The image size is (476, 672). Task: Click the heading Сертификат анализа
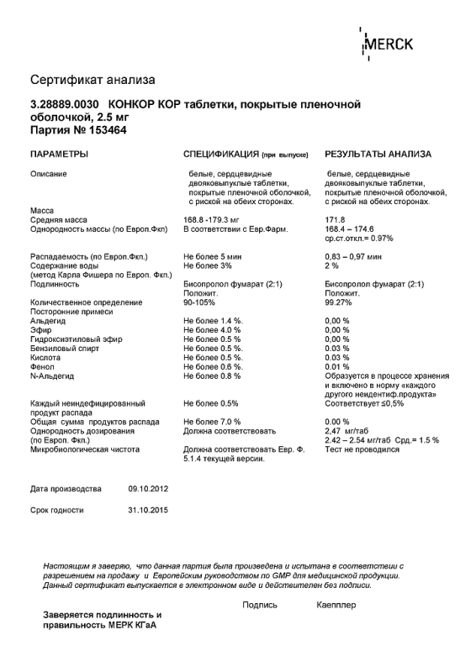tap(93, 81)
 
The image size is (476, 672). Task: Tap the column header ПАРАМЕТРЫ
tap(60, 155)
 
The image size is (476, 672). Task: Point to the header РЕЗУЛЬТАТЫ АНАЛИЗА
tap(378, 155)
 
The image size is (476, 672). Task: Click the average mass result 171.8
tap(336, 219)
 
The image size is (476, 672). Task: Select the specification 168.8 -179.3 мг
tap(213, 219)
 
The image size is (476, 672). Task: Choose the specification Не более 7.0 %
tap(212, 421)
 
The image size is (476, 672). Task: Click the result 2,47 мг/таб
tap(346, 430)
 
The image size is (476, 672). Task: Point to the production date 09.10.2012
tap(149, 488)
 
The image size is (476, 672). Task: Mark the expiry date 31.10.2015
tap(149, 510)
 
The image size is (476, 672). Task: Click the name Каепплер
tap(336, 605)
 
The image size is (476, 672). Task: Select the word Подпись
tap(259, 605)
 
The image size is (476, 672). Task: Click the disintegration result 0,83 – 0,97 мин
tap(353, 255)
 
